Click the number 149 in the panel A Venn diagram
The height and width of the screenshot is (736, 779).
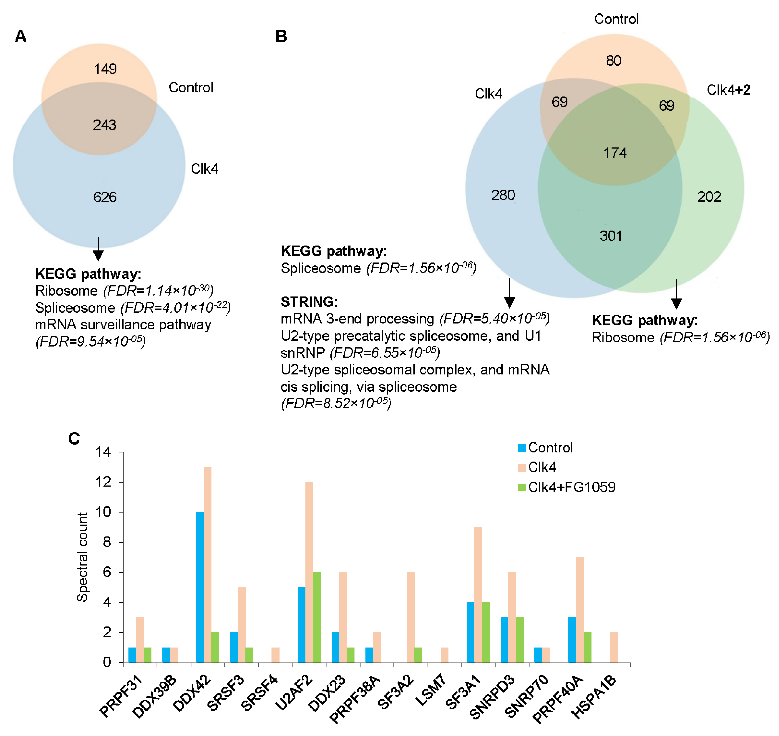(105, 69)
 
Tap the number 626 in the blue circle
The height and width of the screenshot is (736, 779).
(105, 197)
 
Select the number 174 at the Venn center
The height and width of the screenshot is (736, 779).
(615, 153)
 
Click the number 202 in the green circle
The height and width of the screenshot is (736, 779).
(709, 196)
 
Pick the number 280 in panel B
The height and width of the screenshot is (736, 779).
(503, 195)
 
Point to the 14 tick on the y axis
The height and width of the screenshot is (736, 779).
(103, 452)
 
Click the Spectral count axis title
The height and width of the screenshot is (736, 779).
(82, 557)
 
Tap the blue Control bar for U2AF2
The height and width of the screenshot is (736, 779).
(302, 625)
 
